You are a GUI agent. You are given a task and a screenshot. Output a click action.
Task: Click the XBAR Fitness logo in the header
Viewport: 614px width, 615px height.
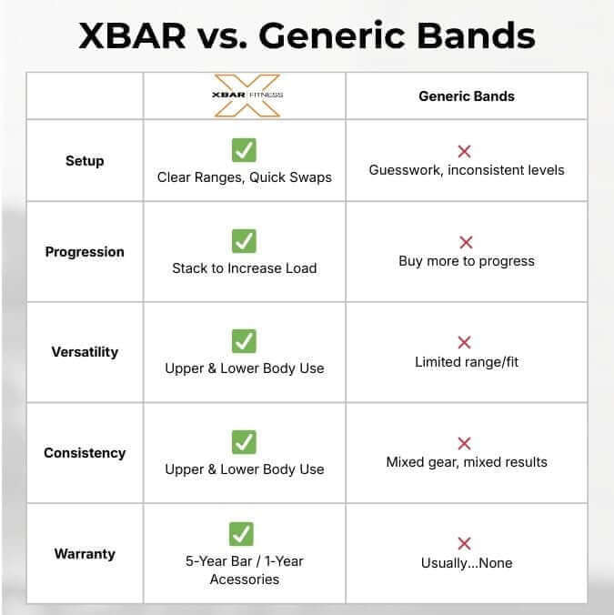[244, 96]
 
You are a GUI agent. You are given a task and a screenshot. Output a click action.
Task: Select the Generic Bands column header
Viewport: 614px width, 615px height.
[466, 96]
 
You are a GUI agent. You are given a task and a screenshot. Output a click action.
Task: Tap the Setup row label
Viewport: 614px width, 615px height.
[85, 161]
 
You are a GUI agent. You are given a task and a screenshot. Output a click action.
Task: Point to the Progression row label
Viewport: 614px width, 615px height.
[85, 252]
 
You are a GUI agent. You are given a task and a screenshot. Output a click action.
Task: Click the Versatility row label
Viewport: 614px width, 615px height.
[85, 352]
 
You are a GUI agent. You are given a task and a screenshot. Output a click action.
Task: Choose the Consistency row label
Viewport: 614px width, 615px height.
[85, 453]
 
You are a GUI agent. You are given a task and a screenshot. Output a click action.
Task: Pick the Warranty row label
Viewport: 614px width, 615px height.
[85, 553]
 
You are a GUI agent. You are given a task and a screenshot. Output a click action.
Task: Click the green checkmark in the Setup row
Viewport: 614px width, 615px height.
[244, 150]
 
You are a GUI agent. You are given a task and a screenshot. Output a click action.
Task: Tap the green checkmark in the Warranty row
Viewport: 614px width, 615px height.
[242, 534]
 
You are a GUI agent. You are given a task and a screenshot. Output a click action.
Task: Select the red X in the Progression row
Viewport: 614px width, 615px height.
[466, 243]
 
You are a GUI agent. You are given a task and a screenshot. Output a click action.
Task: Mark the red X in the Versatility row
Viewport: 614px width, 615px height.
[465, 342]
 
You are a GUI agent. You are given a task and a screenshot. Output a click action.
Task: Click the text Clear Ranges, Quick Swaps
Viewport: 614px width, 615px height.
[244, 177]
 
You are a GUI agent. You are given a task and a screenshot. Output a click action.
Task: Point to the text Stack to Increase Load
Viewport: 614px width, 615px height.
[244, 268]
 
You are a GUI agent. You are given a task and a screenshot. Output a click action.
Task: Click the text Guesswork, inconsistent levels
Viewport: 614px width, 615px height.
[466, 170]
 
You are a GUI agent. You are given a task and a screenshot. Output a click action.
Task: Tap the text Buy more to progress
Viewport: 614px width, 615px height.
[466, 261]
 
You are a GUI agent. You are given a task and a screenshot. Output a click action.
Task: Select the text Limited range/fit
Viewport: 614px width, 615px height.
[466, 362]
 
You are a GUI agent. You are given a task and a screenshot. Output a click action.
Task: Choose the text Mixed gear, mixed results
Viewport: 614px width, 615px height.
[466, 462]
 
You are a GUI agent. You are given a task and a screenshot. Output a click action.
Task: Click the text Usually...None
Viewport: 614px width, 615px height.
[466, 563]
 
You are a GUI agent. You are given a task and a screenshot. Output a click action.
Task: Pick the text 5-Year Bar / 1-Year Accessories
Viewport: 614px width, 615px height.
[244, 570]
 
